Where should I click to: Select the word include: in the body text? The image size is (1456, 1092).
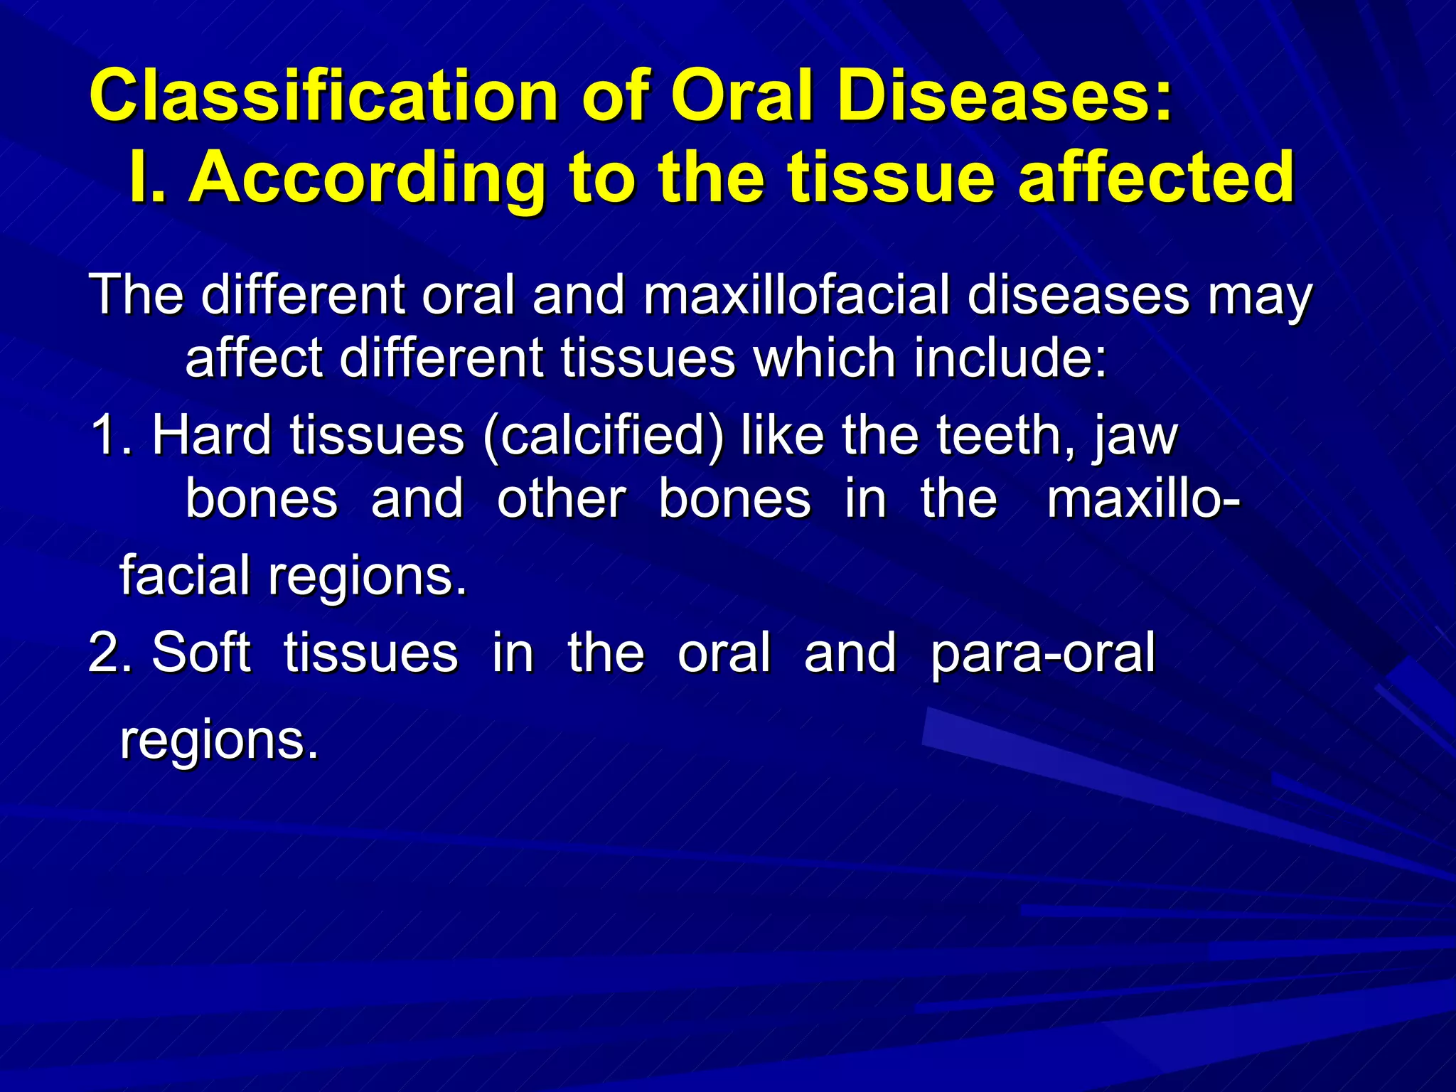(x=1010, y=358)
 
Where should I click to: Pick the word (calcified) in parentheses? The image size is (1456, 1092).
(x=603, y=435)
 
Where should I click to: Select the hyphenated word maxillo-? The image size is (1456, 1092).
(x=1144, y=498)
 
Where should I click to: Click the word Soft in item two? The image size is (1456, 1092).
(x=200, y=653)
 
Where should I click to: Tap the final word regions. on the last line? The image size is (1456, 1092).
(x=219, y=741)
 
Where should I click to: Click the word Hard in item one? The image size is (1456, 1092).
(x=211, y=435)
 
